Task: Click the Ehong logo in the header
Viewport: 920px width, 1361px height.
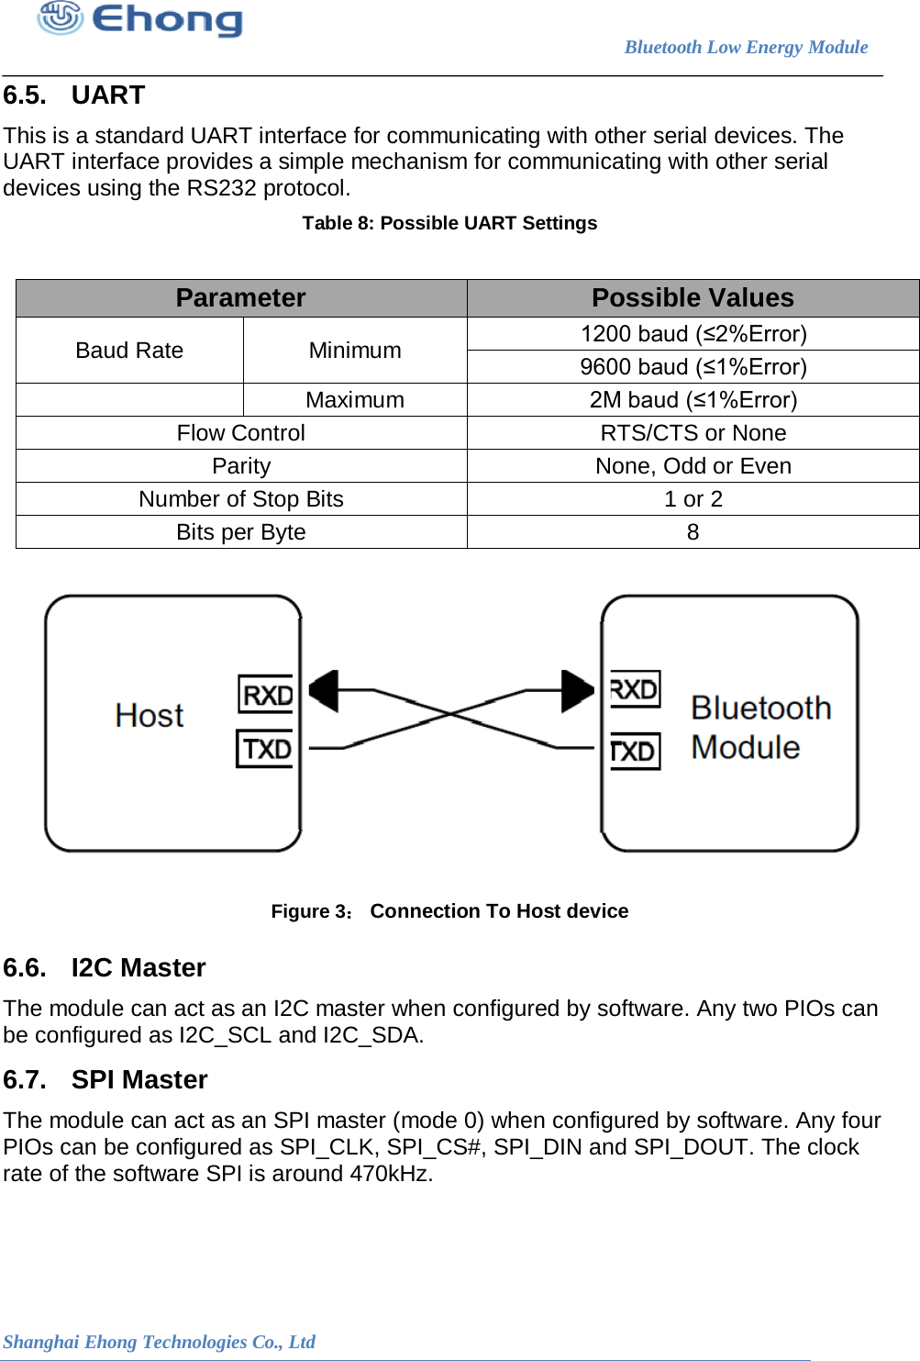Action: coord(139,18)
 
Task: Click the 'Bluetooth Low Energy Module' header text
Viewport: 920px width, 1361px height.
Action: coord(746,48)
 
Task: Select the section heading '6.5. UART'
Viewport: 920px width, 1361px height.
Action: coord(74,95)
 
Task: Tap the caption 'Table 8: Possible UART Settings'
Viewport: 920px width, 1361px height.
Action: coord(449,223)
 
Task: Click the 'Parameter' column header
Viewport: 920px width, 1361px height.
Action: coord(240,298)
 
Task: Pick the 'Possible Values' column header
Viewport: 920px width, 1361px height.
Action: coord(693,298)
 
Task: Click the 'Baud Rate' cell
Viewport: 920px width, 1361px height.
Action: coord(129,351)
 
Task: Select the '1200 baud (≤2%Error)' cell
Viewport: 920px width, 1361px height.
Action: coord(693,334)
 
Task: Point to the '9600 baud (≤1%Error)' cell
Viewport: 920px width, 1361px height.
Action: coord(693,367)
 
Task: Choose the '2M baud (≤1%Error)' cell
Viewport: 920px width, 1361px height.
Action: coord(693,400)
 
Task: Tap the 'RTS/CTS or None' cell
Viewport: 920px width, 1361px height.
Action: coord(693,433)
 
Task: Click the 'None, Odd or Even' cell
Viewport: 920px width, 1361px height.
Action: coord(693,466)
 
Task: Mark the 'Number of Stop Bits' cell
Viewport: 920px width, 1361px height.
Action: coord(241,499)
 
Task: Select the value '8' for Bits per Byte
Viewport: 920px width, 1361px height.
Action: coord(693,532)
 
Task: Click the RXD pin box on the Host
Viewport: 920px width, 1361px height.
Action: coord(266,695)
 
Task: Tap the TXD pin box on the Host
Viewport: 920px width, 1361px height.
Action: coord(266,749)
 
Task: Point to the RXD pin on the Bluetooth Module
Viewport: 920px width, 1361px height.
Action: coord(635,689)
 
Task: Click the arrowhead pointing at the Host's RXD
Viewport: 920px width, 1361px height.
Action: coord(324,691)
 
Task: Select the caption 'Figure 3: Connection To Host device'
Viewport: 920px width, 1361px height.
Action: coord(449,911)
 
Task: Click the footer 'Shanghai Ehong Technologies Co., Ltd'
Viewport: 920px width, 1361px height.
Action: coord(159,1342)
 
